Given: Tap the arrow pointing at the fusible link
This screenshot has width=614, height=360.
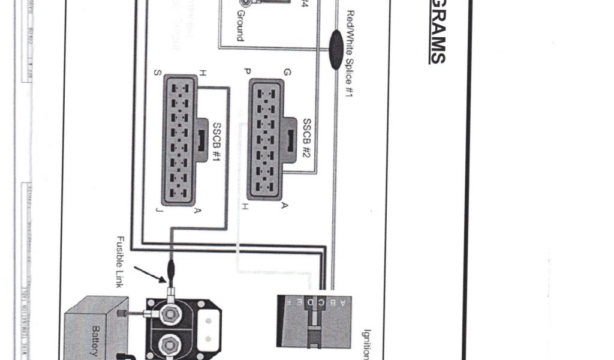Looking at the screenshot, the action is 150,273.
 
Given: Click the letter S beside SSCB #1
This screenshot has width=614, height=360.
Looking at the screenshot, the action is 157,73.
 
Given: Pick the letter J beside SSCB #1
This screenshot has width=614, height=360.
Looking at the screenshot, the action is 157,209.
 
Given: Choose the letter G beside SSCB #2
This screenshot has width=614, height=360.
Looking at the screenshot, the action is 287,73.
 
